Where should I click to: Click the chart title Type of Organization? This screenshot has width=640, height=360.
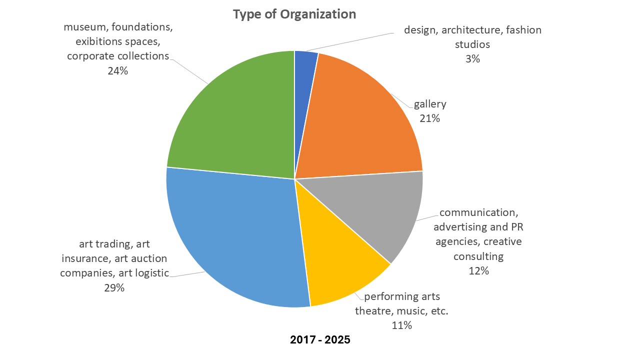294,14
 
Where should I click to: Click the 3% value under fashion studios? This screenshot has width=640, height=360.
472,58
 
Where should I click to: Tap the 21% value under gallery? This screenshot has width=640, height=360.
430,118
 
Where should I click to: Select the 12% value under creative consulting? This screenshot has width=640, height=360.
478,271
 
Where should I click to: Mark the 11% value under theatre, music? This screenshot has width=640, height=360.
401,325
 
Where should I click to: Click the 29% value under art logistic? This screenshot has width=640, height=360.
114,288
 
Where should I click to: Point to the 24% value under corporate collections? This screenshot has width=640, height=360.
117,71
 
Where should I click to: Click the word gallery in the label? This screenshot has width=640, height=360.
430,104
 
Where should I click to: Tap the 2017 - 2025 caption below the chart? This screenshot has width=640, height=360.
320,340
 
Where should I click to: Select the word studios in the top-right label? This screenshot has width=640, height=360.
472,44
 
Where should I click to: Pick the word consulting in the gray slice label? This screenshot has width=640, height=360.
478,257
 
